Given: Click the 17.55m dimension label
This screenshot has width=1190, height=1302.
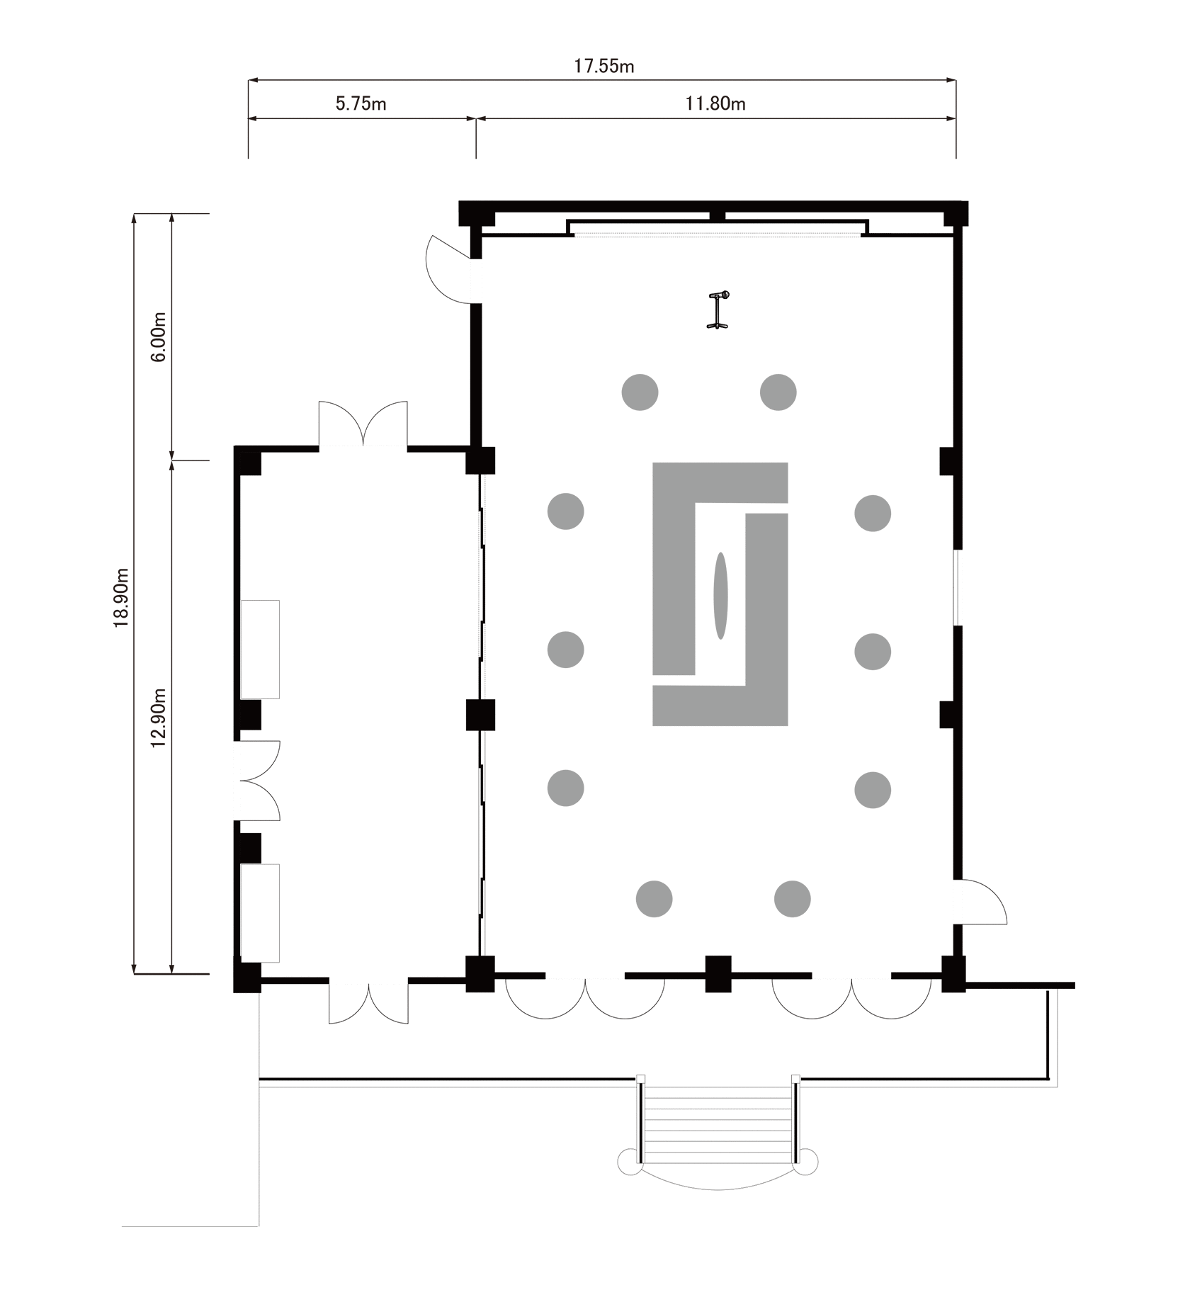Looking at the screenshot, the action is click(x=603, y=67).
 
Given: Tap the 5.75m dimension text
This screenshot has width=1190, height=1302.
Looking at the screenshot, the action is click(x=361, y=104).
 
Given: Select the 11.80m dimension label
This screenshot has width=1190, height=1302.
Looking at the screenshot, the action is click(x=715, y=104).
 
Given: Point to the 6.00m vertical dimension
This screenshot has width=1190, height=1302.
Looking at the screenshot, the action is click(x=159, y=336).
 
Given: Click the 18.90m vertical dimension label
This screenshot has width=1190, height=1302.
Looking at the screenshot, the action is click(x=121, y=596).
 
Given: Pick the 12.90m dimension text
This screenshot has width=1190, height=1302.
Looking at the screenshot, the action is click(x=159, y=717).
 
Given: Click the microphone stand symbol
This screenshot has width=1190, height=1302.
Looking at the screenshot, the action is click(x=718, y=310).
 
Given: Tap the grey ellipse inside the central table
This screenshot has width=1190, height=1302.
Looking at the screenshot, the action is click(x=720, y=596).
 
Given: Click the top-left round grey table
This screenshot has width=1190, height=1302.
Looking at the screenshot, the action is click(x=640, y=392).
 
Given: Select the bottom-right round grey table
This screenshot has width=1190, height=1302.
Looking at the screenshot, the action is click(x=793, y=899).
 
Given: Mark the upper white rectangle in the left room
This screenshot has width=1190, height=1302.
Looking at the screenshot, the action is click(x=260, y=649).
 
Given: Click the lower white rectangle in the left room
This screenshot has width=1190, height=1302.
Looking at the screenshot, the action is click(x=260, y=912).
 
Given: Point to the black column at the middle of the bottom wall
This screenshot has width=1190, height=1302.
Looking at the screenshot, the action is click(x=718, y=973).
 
